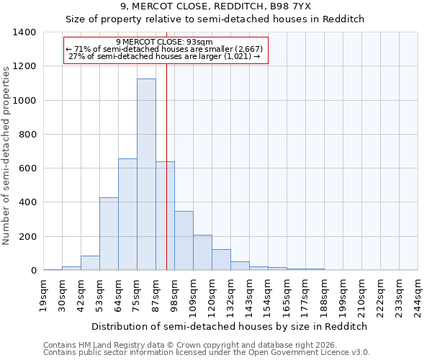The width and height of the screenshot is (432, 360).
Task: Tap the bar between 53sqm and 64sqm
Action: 109,234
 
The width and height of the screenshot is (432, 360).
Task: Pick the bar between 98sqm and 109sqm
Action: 184,240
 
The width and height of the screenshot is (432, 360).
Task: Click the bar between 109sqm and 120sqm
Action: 202,253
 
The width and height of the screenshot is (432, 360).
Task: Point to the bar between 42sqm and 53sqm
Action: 90,263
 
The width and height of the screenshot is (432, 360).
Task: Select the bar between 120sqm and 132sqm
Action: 221,260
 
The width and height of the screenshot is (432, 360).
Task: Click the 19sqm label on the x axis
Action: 44,294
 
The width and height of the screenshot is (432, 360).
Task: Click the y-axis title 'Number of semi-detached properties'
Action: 6,155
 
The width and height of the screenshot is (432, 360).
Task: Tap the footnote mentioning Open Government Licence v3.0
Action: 207,352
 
